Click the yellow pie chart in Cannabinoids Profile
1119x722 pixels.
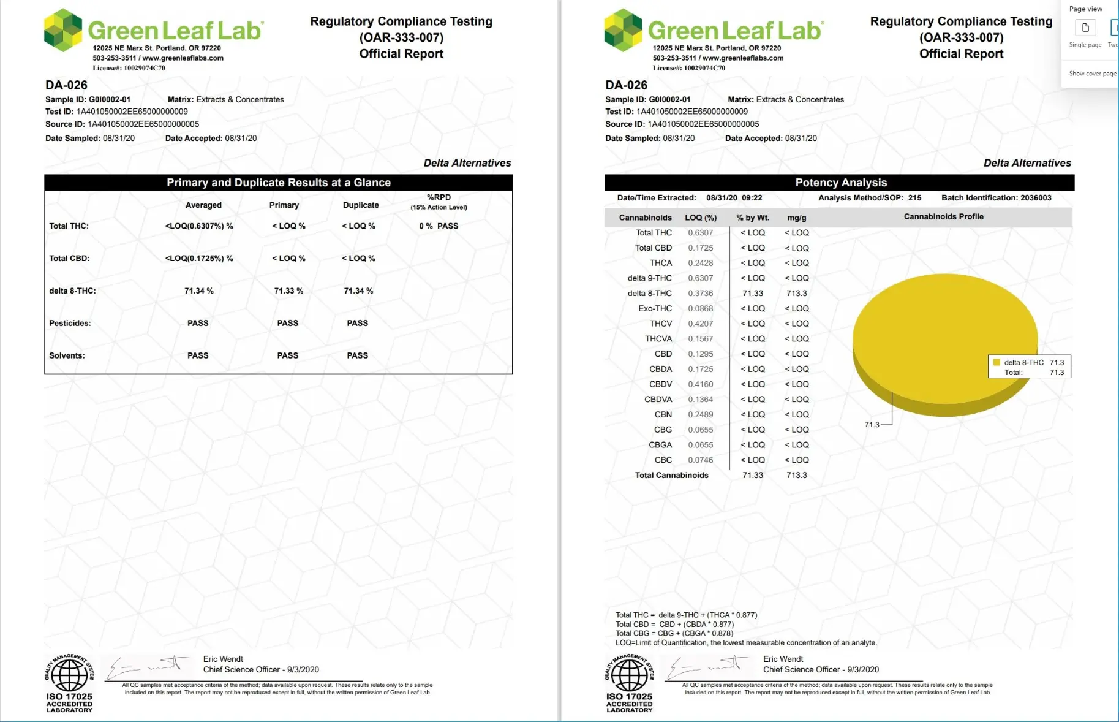(x=944, y=337)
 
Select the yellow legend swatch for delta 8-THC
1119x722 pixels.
(x=997, y=362)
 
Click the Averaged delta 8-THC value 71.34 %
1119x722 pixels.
(x=199, y=291)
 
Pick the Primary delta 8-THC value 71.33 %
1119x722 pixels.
(x=288, y=291)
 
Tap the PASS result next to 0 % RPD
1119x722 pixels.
(x=448, y=226)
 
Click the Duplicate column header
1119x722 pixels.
(x=361, y=205)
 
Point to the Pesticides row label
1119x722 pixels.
(x=70, y=323)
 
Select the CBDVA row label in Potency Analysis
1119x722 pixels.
(x=658, y=399)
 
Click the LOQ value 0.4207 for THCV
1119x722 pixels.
(x=700, y=324)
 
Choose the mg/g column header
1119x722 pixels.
(x=796, y=218)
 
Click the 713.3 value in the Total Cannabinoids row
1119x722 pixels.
(x=796, y=475)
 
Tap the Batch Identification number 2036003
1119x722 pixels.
(x=1035, y=198)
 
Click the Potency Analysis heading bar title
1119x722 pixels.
(x=840, y=183)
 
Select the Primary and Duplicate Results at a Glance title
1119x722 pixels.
(x=279, y=183)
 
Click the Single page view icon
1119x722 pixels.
(x=1085, y=28)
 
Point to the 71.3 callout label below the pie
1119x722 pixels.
(x=872, y=424)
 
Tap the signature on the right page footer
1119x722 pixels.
(x=707, y=666)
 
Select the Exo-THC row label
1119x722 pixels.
(x=655, y=308)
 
